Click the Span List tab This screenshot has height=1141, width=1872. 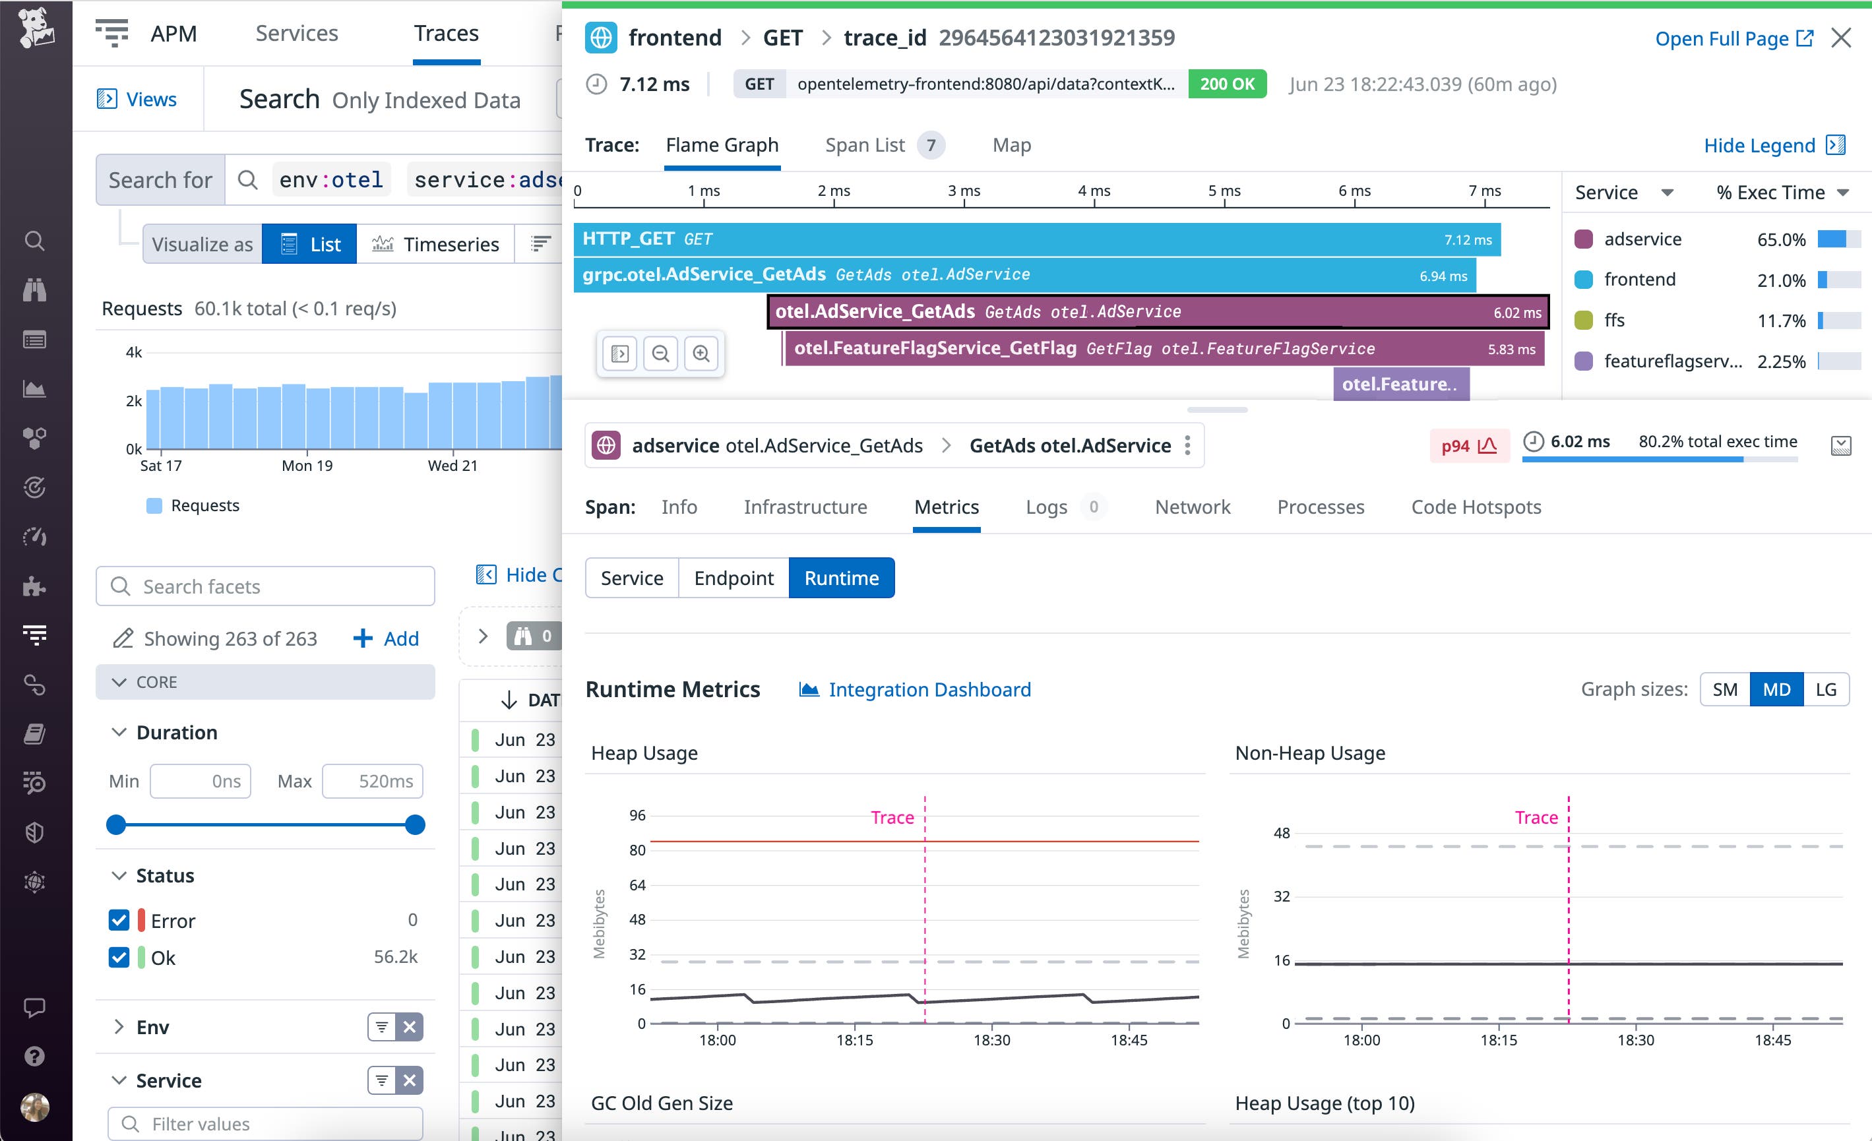click(x=865, y=145)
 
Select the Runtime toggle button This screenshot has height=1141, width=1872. click(x=841, y=578)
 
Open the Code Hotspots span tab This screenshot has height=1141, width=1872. click(x=1476, y=507)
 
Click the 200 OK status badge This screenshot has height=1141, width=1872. click(x=1226, y=84)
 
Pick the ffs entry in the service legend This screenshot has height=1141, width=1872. click(x=1613, y=320)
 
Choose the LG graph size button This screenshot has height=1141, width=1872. click(x=1825, y=689)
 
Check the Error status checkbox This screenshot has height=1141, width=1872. click(x=119, y=920)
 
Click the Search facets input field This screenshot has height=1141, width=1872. click(x=266, y=586)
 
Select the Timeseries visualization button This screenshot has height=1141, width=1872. click(x=435, y=244)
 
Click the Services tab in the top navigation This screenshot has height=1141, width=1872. click(x=296, y=34)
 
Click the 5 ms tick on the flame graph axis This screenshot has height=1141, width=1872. click(x=1224, y=191)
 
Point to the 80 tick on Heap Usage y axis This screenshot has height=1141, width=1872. click(x=637, y=850)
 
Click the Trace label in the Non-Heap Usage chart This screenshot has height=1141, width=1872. click(x=1536, y=817)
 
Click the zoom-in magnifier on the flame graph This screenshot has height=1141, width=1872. click(x=701, y=354)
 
